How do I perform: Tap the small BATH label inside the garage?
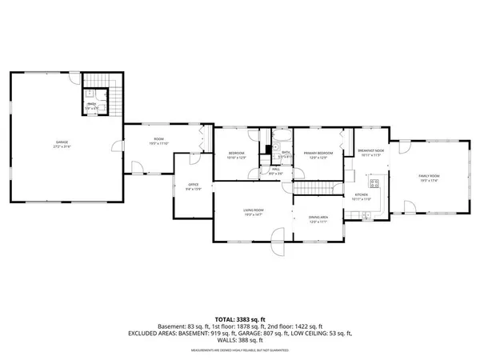(92, 104)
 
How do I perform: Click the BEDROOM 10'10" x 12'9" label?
(237, 154)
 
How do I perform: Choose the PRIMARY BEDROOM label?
(318, 154)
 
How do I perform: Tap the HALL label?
(275, 170)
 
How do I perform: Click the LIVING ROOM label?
(254, 211)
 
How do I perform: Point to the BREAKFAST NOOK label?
(370, 152)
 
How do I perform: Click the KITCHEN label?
(361, 196)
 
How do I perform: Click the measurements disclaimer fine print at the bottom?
(239, 348)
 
